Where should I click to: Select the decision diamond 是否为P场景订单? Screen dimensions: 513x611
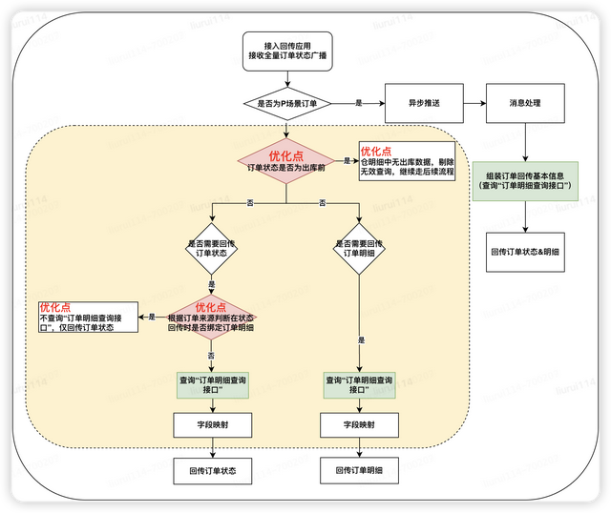pos(285,103)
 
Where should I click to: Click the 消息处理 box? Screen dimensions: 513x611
pos(526,103)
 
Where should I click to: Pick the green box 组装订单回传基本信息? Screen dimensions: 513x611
pos(527,182)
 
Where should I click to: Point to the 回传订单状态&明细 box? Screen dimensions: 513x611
pos(527,253)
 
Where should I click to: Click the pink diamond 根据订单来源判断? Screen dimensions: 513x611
pos(211,318)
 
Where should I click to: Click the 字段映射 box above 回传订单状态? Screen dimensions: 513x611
pos(212,424)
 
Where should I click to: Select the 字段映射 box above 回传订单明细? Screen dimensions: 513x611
pos(359,424)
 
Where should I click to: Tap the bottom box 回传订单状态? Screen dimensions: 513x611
pos(212,470)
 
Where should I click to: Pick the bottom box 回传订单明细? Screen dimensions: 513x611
pos(359,470)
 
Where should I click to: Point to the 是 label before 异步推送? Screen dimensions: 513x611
pos(358,103)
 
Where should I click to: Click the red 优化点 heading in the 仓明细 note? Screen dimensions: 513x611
pos(377,151)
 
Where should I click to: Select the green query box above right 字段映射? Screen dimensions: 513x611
pos(359,384)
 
